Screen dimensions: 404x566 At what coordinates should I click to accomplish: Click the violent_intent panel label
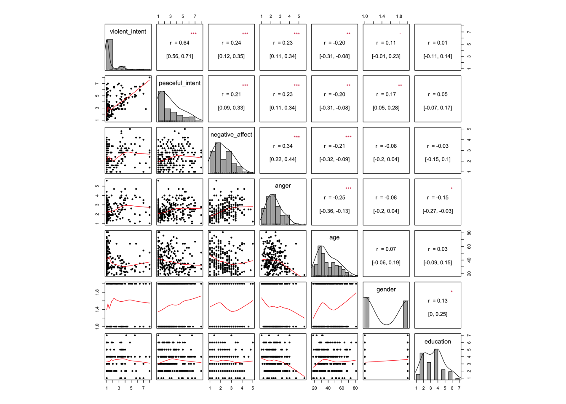click(x=128, y=32)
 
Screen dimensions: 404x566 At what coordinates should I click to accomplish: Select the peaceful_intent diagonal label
click(x=180, y=83)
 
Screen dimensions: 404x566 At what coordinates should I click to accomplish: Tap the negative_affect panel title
click(x=231, y=135)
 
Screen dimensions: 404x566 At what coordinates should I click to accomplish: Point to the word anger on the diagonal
click(x=283, y=186)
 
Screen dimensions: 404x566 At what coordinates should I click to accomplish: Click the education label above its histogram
click(x=438, y=342)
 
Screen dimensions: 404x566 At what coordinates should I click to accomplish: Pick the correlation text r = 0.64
click(x=180, y=43)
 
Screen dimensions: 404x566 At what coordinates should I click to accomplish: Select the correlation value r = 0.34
click(x=283, y=146)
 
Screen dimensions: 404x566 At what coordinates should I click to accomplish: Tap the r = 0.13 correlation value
click(x=438, y=301)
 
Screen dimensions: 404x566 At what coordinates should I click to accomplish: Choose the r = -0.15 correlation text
click(x=438, y=198)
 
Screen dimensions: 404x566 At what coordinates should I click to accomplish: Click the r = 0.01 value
click(x=438, y=43)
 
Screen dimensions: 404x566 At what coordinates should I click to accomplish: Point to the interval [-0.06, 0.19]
click(x=386, y=263)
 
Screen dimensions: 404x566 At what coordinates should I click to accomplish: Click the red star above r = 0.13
click(x=451, y=292)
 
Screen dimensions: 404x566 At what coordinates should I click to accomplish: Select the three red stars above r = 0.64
click(x=193, y=34)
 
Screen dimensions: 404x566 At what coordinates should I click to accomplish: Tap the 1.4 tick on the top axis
click(x=382, y=16)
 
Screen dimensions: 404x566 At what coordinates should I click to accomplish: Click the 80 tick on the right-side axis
click(x=468, y=233)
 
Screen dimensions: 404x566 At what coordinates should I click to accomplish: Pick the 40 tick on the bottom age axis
click(x=328, y=388)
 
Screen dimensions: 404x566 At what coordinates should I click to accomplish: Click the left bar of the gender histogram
click(x=367, y=313)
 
